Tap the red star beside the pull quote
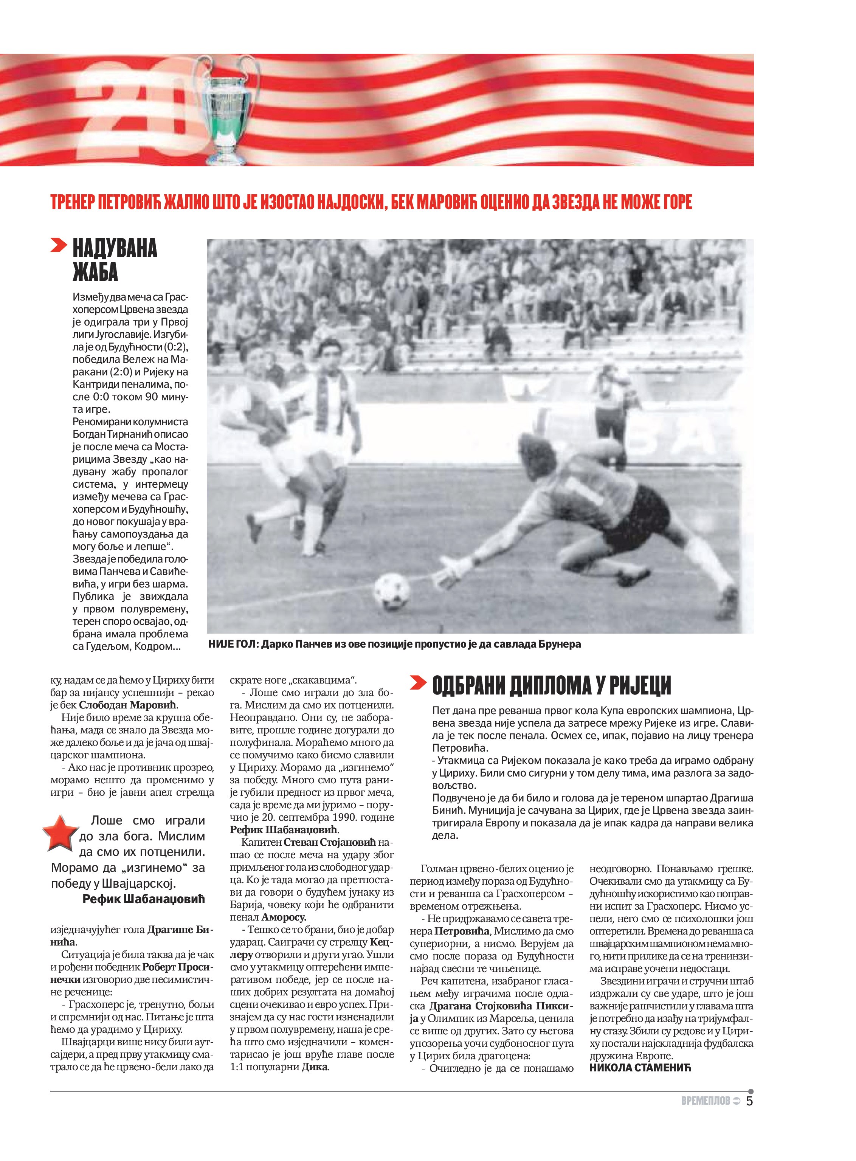(61, 833)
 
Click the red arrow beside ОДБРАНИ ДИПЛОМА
(418, 684)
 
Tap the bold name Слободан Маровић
(127, 705)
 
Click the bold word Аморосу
(284, 917)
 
